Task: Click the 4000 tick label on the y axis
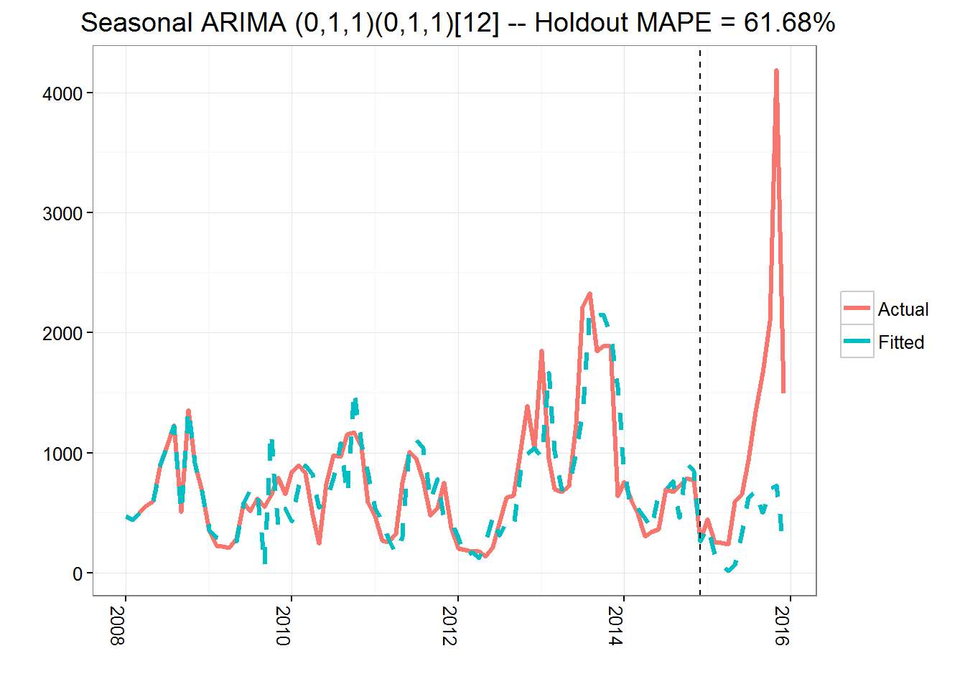click(x=62, y=94)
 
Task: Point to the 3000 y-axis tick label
click(x=62, y=214)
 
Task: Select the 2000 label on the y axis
click(x=62, y=334)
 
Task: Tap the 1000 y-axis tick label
click(x=62, y=454)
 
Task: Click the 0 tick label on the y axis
click(x=78, y=574)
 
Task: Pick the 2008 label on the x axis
click(x=117, y=626)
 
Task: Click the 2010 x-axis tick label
click(x=283, y=626)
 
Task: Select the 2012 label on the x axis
click(x=449, y=626)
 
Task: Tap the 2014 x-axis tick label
click(x=615, y=626)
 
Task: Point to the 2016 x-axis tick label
click(x=782, y=626)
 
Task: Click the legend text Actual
click(x=903, y=309)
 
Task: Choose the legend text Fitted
click(x=901, y=342)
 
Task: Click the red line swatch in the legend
click(x=857, y=309)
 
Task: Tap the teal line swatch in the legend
click(x=857, y=342)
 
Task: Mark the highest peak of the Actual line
click(x=776, y=71)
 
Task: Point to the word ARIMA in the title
click(x=243, y=23)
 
